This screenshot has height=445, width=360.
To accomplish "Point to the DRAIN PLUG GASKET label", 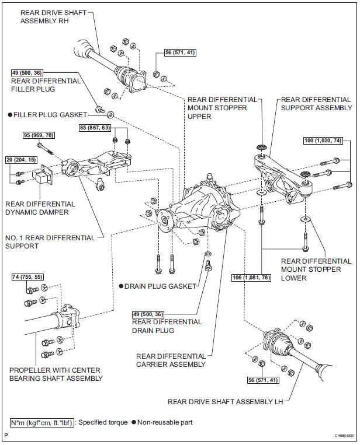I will tap(159, 286).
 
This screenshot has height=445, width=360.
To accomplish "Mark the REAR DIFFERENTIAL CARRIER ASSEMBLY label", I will tap(171, 360).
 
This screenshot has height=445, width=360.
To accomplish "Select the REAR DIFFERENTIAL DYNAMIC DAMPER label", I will tap(40, 208).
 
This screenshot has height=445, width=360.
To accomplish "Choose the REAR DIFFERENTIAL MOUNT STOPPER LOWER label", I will tap(316, 269).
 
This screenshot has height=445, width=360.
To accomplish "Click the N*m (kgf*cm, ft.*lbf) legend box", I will tap(41, 422).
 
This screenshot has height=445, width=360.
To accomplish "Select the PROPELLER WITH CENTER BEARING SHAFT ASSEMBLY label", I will tap(55, 374).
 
